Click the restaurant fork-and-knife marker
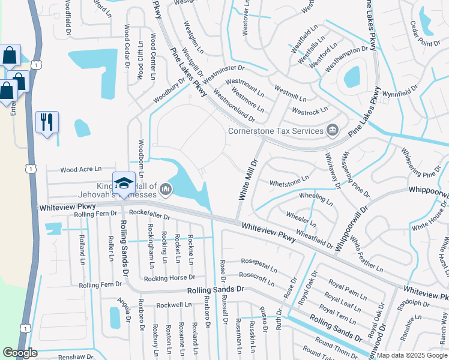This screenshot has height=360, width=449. tap(47, 122)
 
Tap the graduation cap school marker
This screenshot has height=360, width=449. tap(124, 182)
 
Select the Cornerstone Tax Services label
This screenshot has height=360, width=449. tap(276, 130)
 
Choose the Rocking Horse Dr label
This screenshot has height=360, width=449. tap(169, 278)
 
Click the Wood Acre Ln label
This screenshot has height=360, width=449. tap(80, 170)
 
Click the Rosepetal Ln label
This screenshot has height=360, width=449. tap(259, 265)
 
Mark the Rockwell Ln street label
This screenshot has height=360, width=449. tap(174, 305)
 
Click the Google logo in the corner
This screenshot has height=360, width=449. tap(19, 352)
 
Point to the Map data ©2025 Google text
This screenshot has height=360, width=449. tap(412, 355)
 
